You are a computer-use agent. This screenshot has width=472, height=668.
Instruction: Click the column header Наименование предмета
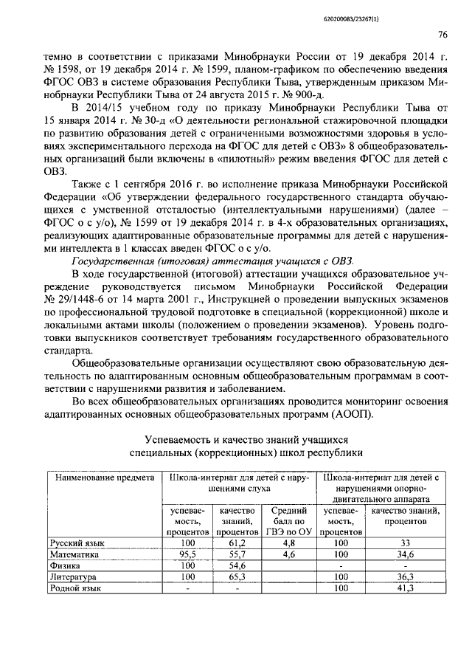click(103, 478)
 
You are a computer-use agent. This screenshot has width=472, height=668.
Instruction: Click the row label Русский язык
click(77, 543)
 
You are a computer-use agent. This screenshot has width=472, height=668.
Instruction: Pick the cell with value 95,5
click(187, 554)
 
